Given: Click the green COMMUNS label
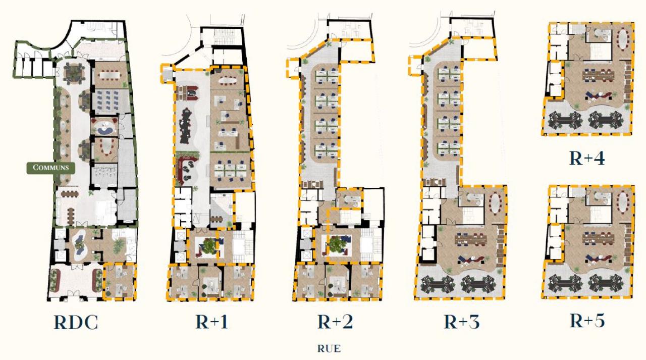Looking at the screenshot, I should pos(50,168).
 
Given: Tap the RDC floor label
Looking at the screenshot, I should pos(76,322).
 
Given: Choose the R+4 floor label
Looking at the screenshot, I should pos(587,158).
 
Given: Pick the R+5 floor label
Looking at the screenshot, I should pos(587,320).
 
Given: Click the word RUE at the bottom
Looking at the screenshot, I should pos(329,348).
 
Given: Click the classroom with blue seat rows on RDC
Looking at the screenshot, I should pos(106,100).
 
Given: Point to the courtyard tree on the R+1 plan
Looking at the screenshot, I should pos(208,246).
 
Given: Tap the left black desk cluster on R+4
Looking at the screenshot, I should pos(565,120).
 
